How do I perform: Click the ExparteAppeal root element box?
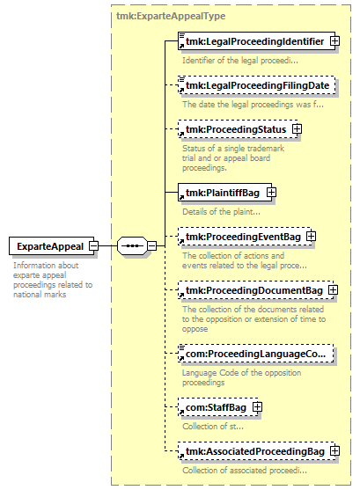(x=51, y=246)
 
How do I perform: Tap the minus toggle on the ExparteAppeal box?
(x=93, y=246)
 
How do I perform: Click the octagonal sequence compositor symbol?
(x=132, y=246)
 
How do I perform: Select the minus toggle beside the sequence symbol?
(x=151, y=246)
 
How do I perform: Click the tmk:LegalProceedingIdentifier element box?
(x=256, y=41)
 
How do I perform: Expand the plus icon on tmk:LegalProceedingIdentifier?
(x=335, y=41)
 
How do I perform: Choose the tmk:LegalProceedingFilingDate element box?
(x=256, y=85)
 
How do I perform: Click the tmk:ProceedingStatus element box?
(x=238, y=129)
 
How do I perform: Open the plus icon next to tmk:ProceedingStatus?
(x=297, y=129)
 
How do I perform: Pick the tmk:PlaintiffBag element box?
(x=224, y=193)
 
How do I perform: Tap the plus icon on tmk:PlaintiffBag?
(x=271, y=193)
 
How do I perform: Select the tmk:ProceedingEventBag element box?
(x=245, y=237)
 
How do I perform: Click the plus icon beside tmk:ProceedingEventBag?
(x=311, y=237)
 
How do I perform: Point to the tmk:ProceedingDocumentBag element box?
(x=255, y=290)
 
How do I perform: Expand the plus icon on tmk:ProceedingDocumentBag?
(x=333, y=290)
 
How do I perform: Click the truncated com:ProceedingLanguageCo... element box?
(x=255, y=354)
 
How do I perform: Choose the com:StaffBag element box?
(x=218, y=407)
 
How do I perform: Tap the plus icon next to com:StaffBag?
(x=257, y=407)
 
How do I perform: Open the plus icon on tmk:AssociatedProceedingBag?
(x=335, y=451)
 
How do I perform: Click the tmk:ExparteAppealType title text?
(x=171, y=16)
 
